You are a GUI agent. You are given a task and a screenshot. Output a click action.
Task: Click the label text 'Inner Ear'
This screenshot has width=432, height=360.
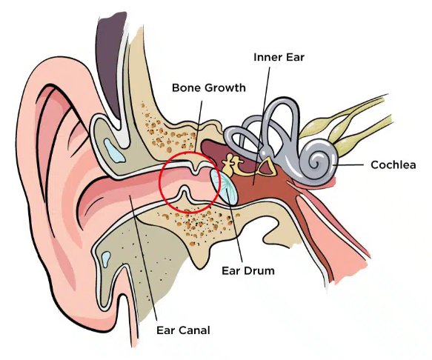(280, 57)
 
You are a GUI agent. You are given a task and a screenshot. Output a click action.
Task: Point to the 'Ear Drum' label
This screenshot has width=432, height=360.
(248, 271)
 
